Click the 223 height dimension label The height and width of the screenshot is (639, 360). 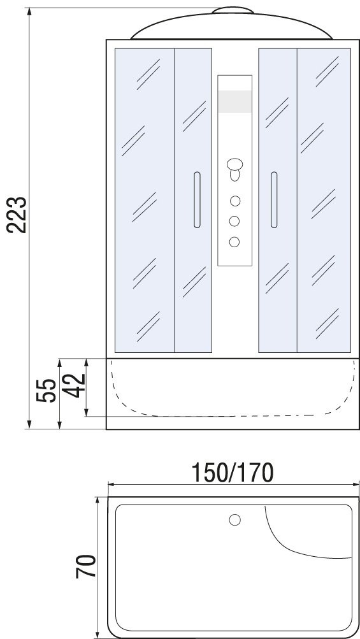pyautogui.click(x=17, y=215)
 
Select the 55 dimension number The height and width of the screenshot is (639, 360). pyautogui.click(x=46, y=391)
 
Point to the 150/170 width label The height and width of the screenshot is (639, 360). pyautogui.click(x=233, y=473)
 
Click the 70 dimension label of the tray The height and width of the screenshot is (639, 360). pyautogui.click(x=86, y=566)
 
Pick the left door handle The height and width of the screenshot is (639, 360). pyautogui.click(x=197, y=199)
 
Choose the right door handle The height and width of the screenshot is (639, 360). pyautogui.click(x=274, y=199)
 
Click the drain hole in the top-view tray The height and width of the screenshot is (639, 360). pyautogui.click(x=235, y=520)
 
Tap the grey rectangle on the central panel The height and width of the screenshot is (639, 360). pyautogui.click(x=234, y=101)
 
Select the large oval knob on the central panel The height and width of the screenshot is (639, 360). pyautogui.click(x=235, y=164)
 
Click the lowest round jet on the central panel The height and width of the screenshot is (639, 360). pyautogui.click(x=234, y=241)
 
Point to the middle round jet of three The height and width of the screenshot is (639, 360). pyautogui.click(x=234, y=221)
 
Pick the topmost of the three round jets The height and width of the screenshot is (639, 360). pyautogui.click(x=235, y=201)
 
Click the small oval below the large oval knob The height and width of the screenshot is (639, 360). pyautogui.click(x=235, y=176)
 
